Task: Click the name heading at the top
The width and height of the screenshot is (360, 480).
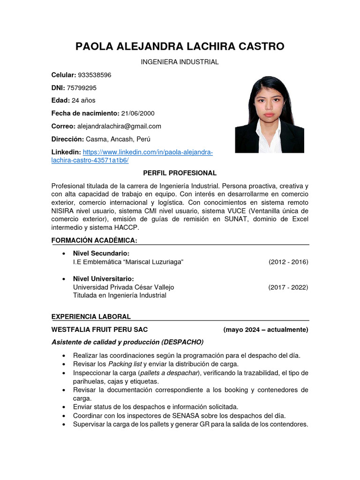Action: coord(180,46)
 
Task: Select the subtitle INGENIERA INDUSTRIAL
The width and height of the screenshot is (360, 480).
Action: coord(180,62)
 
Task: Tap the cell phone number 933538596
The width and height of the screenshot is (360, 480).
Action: coord(94,75)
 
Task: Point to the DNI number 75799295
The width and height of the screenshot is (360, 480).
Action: coord(82,88)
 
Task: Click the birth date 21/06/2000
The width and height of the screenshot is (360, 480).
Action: coord(137,113)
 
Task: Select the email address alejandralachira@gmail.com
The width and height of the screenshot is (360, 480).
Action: coord(119,126)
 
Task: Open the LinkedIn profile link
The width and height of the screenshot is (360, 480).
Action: coord(147,152)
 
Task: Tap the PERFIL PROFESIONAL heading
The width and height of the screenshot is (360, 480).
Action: coord(180,173)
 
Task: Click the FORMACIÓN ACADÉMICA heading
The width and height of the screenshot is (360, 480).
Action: coord(94,240)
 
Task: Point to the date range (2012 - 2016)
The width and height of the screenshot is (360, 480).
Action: coord(288,262)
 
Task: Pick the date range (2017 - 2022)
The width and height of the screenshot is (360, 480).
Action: coord(288,287)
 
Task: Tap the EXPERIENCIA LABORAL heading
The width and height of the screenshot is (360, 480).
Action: coord(91,317)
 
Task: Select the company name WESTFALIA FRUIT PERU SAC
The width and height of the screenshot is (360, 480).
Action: coord(99,330)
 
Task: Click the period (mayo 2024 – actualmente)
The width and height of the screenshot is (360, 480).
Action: coord(266,330)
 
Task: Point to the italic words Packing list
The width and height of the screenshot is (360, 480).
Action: coord(125,364)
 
